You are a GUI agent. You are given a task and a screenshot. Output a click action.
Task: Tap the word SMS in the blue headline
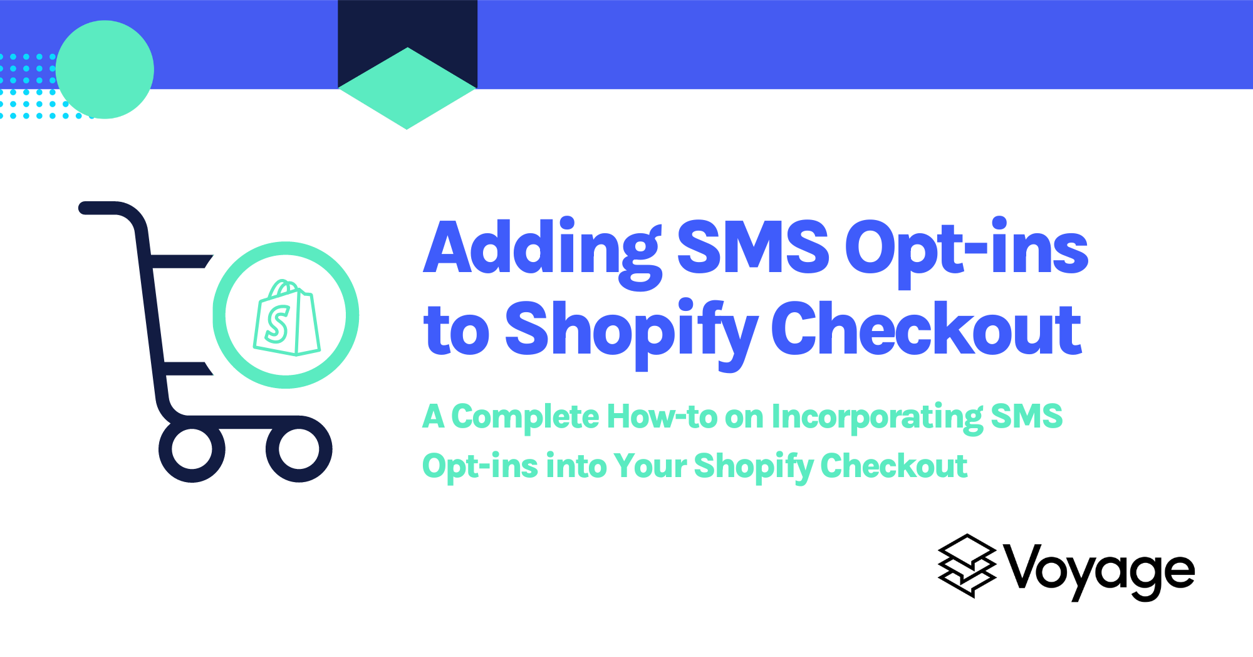(x=753, y=248)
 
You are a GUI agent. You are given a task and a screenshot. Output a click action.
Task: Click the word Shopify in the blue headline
(x=631, y=330)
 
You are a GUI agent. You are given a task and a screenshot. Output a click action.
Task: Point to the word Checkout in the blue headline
(x=926, y=328)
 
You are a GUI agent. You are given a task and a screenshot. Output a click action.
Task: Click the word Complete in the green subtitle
(x=525, y=418)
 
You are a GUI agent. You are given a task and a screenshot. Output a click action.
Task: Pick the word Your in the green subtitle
(x=650, y=466)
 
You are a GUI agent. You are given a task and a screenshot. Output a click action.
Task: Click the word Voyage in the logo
(x=1100, y=570)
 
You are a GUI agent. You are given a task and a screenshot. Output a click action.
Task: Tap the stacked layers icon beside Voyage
(x=967, y=565)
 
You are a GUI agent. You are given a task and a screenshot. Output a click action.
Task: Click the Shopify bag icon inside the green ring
(x=287, y=318)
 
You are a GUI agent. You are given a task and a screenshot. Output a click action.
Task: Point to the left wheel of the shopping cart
(x=192, y=449)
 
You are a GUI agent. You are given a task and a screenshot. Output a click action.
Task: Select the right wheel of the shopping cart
(x=299, y=449)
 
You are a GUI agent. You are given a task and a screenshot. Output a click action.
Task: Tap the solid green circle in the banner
(x=105, y=70)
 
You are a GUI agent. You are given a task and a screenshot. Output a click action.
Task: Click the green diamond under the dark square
(x=407, y=94)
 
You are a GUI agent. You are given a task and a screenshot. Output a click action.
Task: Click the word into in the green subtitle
(x=576, y=466)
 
